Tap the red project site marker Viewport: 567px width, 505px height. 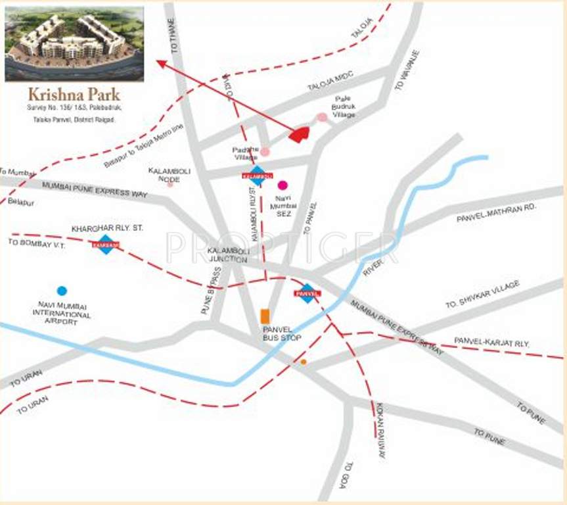300,135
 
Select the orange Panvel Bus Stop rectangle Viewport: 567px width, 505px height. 265,316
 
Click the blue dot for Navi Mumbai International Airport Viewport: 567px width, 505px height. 62,291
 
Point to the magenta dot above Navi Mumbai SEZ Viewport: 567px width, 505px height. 283,185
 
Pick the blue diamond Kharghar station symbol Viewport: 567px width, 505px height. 106,244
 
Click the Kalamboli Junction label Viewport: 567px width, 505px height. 227,255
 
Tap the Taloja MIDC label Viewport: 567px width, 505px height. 330,86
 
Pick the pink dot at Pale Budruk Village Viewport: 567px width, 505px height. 322,117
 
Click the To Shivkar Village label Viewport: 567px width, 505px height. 482,294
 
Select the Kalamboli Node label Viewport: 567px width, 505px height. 169,174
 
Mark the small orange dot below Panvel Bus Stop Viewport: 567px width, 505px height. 303,362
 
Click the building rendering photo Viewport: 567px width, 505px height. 74,44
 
